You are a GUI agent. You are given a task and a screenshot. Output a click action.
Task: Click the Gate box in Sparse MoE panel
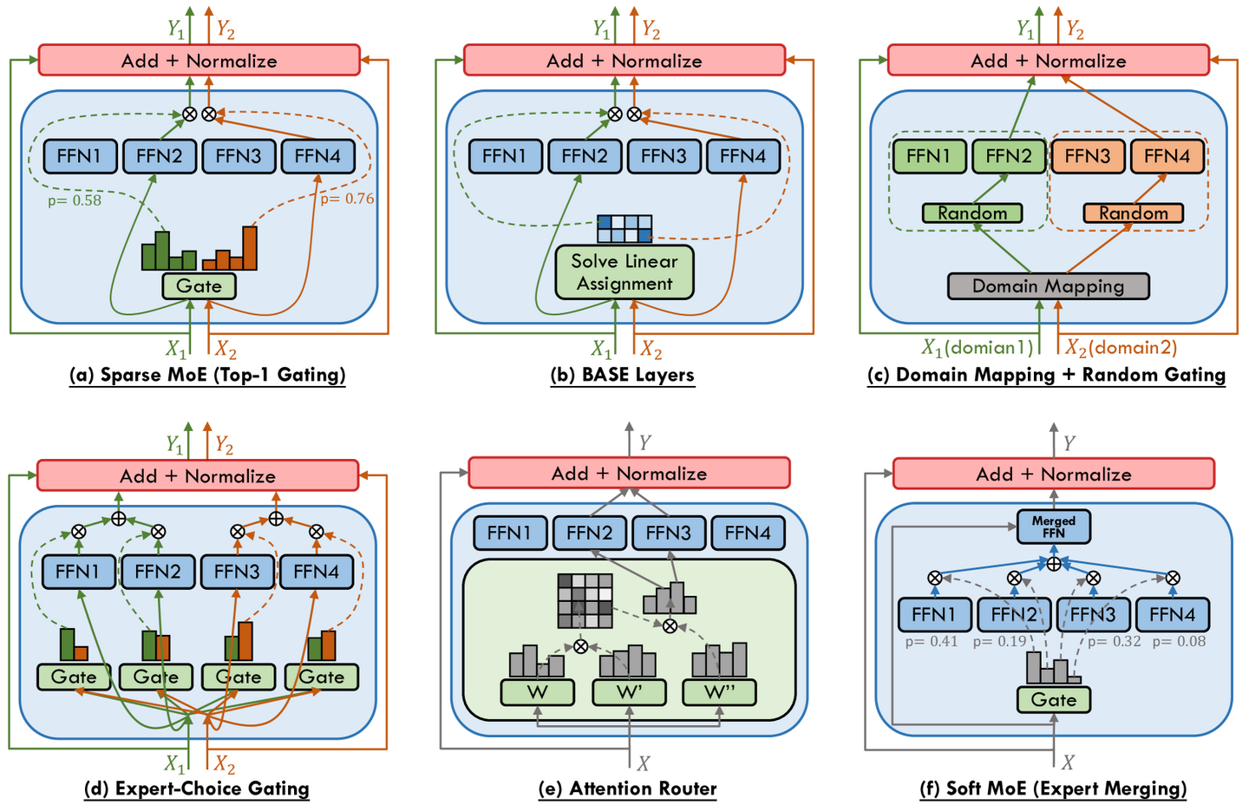[199, 286]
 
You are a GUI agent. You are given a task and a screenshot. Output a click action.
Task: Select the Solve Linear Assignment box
[624, 272]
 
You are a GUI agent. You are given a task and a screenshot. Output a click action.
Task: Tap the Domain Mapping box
[1049, 286]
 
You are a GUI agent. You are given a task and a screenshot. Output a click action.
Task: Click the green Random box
[971, 213]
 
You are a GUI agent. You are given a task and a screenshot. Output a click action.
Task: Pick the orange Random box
[1133, 213]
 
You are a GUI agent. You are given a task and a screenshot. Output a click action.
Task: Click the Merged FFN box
[1053, 527]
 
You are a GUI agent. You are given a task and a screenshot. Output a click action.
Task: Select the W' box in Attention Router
[629, 692]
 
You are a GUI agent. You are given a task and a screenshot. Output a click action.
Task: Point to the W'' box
[719, 692]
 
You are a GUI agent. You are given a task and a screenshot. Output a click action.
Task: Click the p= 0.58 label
[75, 200]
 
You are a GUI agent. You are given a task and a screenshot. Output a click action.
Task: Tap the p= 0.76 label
[347, 199]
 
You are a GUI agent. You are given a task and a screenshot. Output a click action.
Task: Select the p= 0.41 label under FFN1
[932, 642]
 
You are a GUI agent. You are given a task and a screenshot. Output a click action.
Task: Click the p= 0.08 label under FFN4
[1179, 642]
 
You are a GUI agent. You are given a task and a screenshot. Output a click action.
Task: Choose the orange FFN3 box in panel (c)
[1088, 156]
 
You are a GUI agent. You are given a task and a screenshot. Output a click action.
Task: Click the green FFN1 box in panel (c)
[929, 156]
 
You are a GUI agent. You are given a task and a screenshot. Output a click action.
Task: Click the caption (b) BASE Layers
[622, 375]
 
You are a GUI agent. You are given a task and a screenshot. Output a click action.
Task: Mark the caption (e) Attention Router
[627, 789]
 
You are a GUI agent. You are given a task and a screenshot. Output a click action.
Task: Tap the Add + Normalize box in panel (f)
[1054, 474]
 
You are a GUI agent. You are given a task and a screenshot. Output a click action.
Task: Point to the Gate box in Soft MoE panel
[1053, 700]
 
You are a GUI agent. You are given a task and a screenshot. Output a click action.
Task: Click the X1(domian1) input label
[977, 348]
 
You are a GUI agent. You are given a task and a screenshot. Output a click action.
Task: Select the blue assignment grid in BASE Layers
[624, 229]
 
